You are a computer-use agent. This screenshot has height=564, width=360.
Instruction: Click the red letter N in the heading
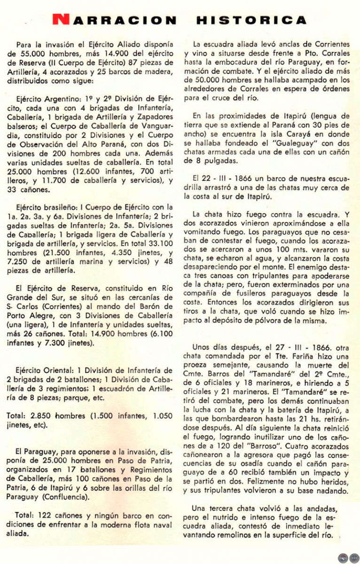(x=60, y=20)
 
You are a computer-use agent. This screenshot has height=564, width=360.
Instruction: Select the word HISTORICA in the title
(x=251, y=20)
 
